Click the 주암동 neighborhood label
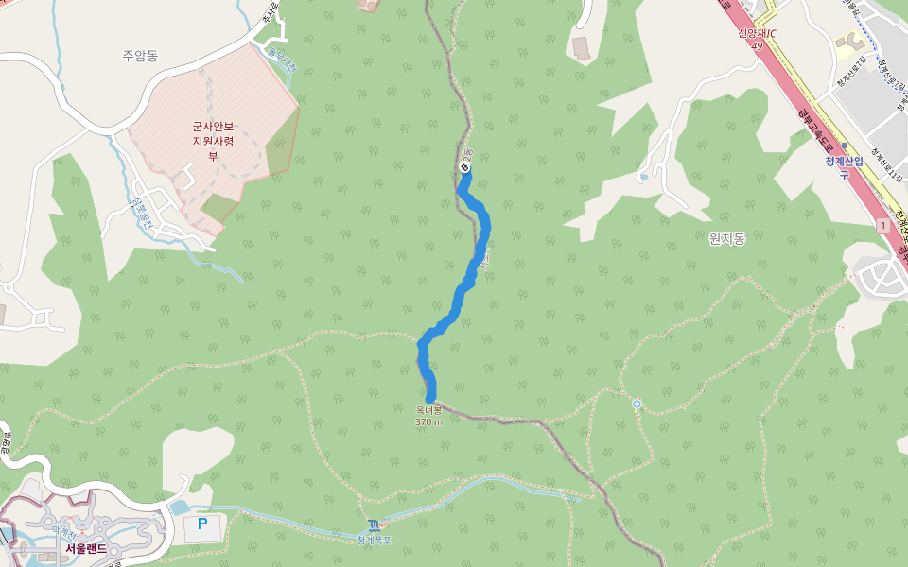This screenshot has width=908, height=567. (x=140, y=56)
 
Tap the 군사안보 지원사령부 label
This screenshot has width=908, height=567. (x=213, y=141)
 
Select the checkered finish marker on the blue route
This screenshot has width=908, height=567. (x=464, y=167)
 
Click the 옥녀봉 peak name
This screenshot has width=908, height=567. (x=428, y=410)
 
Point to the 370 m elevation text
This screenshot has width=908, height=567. (x=428, y=421)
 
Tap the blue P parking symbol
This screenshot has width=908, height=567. (x=201, y=524)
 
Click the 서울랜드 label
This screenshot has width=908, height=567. (x=86, y=548)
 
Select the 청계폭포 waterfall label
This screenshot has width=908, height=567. (x=374, y=540)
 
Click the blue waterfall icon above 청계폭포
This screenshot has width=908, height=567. (x=374, y=524)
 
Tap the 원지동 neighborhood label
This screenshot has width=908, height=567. (x=726, y=239)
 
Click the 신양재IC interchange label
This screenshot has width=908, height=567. (x=757, y=33)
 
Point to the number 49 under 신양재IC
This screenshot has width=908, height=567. (x=757, y=44)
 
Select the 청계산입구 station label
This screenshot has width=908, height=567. (x=844, y=167)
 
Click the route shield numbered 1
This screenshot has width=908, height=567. (x=882, y=226)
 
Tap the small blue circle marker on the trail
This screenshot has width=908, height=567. (x=637, y=404)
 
